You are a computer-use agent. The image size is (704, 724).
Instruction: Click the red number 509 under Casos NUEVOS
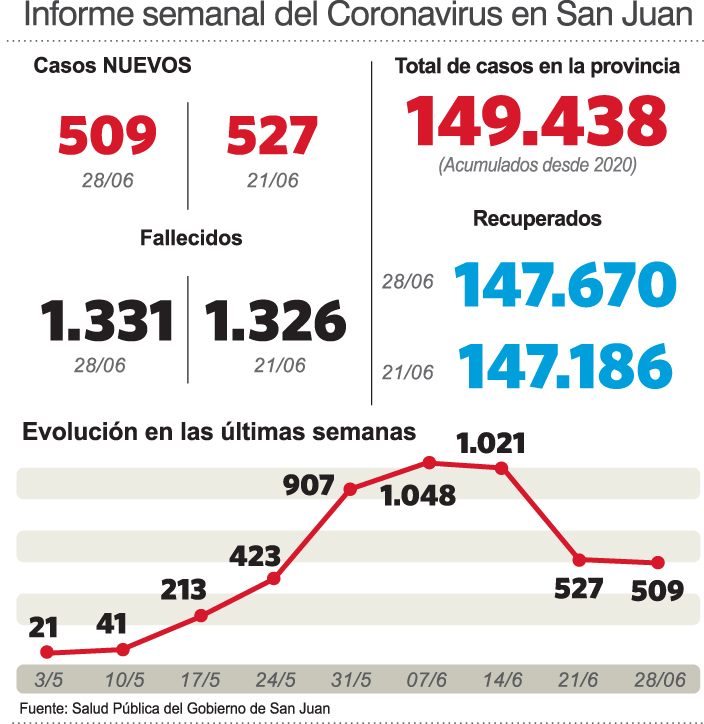coord(108,135)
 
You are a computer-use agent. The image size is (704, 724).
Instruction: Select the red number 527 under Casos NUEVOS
coord(273,135)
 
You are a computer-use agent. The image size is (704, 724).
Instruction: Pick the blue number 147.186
coord(565,366)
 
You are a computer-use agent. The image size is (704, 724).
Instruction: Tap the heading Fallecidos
coord(191,238)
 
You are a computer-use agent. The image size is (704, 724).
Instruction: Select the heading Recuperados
coord(537,218)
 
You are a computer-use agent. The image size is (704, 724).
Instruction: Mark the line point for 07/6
coord(429,462)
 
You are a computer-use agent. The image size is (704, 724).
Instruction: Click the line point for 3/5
coord(46,652)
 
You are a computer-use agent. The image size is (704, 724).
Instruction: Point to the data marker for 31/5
coord(351,489)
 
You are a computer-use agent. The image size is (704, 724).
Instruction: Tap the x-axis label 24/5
coord(275,680)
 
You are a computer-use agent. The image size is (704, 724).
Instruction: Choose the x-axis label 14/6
coord(503,680)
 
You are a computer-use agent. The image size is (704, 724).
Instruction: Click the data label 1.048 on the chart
coord(418,494)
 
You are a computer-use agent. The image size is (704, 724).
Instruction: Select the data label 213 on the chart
coord(183,588)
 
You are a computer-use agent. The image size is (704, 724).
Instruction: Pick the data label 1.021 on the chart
coord(490,442)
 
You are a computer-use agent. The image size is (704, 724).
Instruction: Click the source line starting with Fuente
coord(174,708)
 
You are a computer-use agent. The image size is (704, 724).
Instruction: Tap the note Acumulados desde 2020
coord(537,165)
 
